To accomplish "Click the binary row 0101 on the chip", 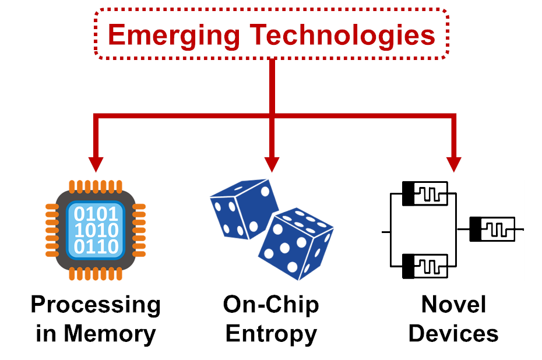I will pyautogui.click(x=96, y=214).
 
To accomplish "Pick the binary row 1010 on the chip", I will pyautogui.click(x=96, y=231).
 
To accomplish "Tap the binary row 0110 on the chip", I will pyautogui.click(x=96, y=247).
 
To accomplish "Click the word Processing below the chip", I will pyautogui.click(x=96, y=305).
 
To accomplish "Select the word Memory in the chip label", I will pyautogui.click(x=110, y=334).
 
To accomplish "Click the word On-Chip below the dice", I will pyautogui.click(x=271, y=304).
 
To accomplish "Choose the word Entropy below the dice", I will pyautogui.click(x=271, y=334).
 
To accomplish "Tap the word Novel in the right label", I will pyautogui.click(x=453, y=304).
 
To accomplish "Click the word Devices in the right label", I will pyautogui.click(x=453, y=334).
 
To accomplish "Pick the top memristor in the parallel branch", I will pyautogui.click(x=425, y=193).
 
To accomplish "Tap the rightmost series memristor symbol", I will pyautogui.click(x=493, y=229).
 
